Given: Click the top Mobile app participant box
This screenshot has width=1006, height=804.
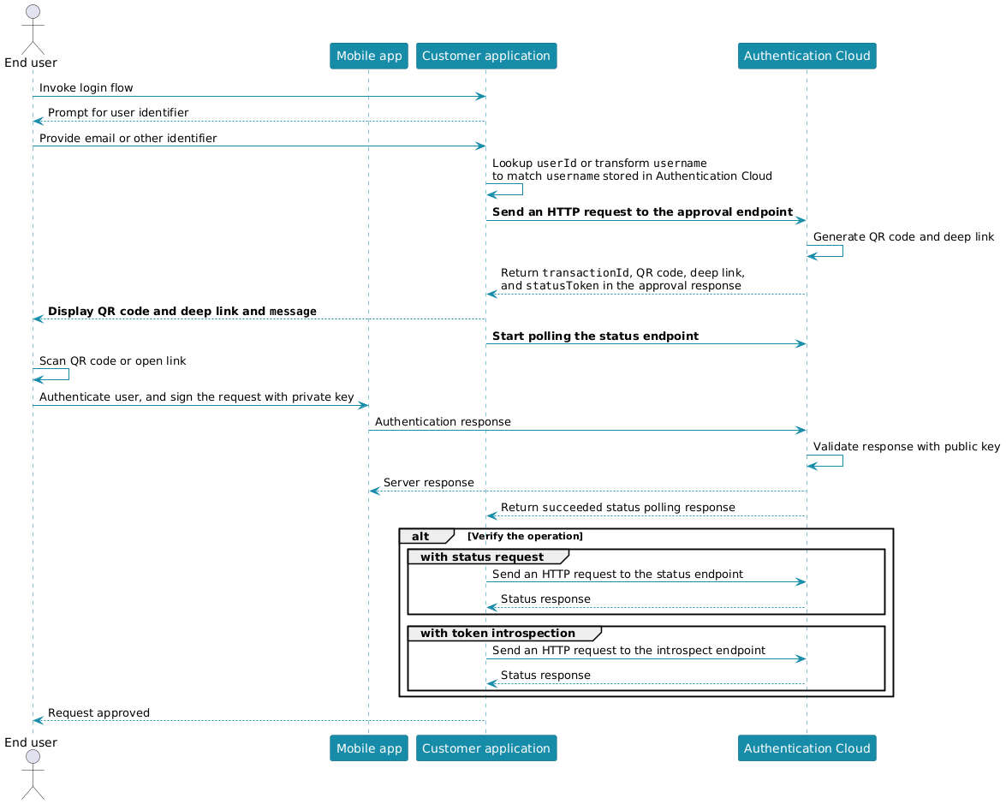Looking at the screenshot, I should point(368,56).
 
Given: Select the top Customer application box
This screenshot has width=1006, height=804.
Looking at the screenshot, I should point(486,56).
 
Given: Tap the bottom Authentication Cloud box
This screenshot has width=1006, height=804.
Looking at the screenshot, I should point(807,748).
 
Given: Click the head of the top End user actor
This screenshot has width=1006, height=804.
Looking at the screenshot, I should point(33,15).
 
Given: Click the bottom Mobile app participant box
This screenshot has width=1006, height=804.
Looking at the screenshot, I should point(368,748).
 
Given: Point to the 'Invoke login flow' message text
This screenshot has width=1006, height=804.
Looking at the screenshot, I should point(86,87).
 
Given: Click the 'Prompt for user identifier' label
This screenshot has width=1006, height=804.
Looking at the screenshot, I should point(118,113).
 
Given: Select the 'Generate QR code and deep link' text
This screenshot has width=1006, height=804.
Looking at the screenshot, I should point(903,236).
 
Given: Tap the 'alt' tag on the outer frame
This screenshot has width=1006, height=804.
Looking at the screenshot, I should point(420,536).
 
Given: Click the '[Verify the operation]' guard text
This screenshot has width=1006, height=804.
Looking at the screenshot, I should point(525,536).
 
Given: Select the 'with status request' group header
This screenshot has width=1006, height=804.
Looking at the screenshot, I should point(481,557).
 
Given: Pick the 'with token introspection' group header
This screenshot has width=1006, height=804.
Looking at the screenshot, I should point(497,633).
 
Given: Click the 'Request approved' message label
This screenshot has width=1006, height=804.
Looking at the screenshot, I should point(98,712).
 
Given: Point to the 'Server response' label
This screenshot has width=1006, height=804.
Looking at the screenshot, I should point(428,483).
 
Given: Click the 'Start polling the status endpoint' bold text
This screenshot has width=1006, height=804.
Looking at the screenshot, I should point(595,336).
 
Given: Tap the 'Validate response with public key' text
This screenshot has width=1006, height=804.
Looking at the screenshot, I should point(906,446).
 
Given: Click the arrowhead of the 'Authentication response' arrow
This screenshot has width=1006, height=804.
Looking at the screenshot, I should point(801,430).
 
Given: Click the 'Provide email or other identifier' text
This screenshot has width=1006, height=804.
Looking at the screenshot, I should point(128,138).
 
